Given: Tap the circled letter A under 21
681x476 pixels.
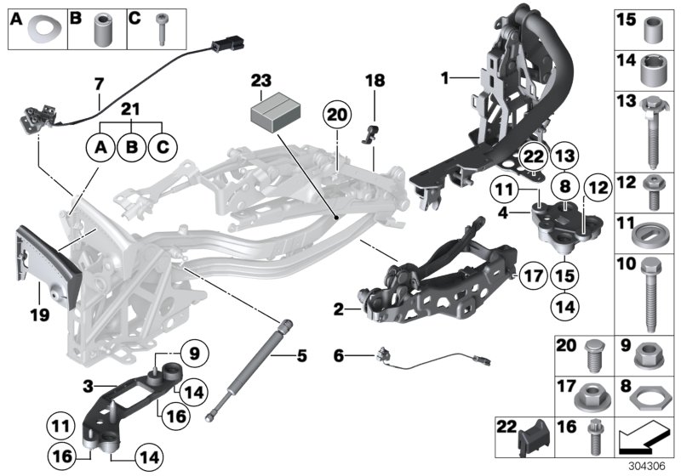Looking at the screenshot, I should pyautogui.click(x=100, y=148).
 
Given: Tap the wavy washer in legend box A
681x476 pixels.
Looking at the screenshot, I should pyautogui.click(x=39, y=31).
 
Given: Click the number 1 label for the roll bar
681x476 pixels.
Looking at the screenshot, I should pyautogui.click(x=444, y=79).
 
